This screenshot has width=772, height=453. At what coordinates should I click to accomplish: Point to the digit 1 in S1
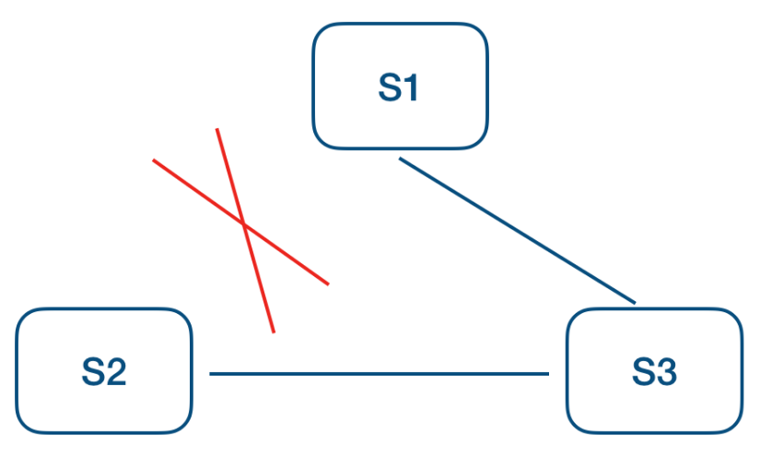[411, 88]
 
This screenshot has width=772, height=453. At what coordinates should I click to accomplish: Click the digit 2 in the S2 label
[115, 372]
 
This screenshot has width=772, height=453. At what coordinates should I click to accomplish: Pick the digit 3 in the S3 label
[665, 372]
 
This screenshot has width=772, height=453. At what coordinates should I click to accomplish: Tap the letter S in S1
[389, 88]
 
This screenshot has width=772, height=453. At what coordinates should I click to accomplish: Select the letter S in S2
[92, 372]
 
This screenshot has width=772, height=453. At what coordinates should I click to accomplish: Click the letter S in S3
[642, 372]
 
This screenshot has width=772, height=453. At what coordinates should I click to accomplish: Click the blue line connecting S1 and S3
[517, 230]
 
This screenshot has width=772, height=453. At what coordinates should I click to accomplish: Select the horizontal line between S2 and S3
[379, 374]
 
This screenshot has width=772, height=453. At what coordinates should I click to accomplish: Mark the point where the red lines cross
[243, 224]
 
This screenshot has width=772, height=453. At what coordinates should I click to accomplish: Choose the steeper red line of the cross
[258, 276]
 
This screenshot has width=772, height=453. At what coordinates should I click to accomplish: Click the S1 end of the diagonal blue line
[400, 159]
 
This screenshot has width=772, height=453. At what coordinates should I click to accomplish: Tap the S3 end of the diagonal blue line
[635, 301]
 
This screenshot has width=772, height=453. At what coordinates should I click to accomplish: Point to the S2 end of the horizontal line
[211, 374]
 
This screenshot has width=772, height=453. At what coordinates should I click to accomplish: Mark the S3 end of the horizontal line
[548, 374]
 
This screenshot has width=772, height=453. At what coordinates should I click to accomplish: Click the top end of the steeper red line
[216, 129]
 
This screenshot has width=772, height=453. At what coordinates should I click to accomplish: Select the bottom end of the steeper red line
[274, 331]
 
